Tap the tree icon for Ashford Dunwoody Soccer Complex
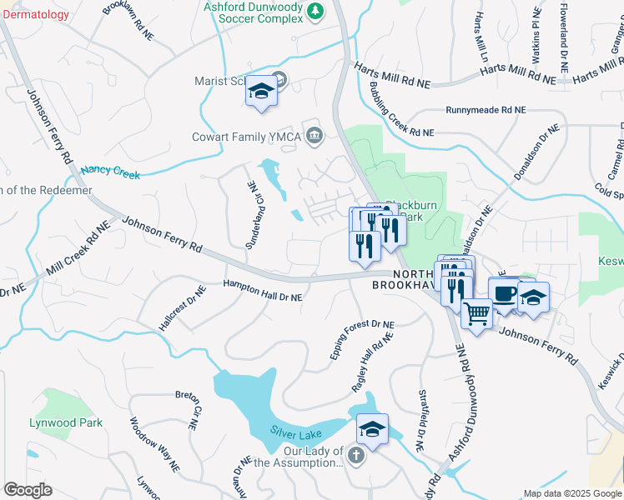[x=315, y=11]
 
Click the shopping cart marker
[x=476, y=314]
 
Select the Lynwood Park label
[x=66, y=422]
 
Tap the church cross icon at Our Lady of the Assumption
[x=356, y=456]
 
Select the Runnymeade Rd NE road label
[x=486, y=110]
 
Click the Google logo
[x=27, y=489]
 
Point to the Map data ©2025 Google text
[x=571, y=493]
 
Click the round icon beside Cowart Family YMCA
[x=315, y=135]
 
